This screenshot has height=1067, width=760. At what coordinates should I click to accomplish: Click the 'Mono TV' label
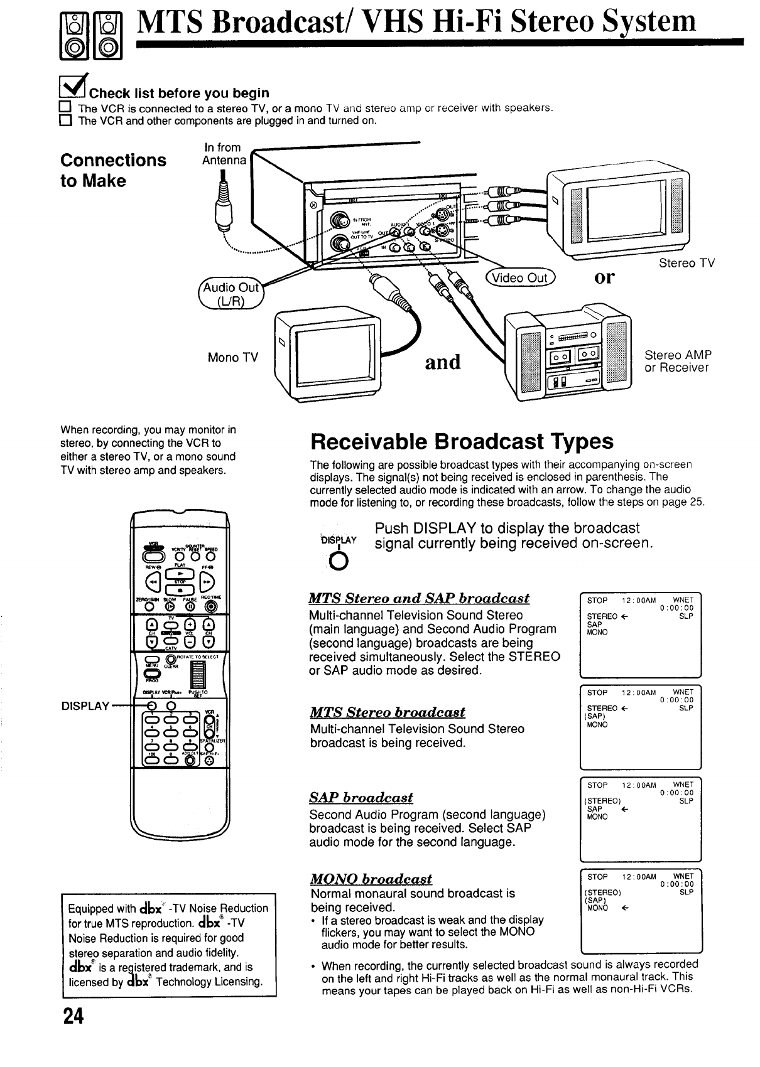click(232, 358)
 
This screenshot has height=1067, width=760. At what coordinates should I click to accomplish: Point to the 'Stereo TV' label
click(687, 264)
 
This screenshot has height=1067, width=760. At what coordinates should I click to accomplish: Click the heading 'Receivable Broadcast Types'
click(462, 442)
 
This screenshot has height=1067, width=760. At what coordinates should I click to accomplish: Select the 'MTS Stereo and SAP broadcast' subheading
click(420, 598)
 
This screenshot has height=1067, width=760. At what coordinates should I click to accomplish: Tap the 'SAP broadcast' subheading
click(361, 798)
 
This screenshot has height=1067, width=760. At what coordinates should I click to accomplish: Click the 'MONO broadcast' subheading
click(371, 879)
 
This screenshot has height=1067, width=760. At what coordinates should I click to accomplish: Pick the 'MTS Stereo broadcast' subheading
click(388, 712)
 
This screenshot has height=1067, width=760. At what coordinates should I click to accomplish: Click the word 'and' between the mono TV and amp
click(443, 362)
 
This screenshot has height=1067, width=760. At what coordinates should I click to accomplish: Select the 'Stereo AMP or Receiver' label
click(678, 361)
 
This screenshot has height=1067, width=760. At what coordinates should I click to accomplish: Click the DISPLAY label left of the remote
click(85, 705)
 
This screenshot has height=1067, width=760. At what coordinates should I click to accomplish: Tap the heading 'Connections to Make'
click(113, 170)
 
